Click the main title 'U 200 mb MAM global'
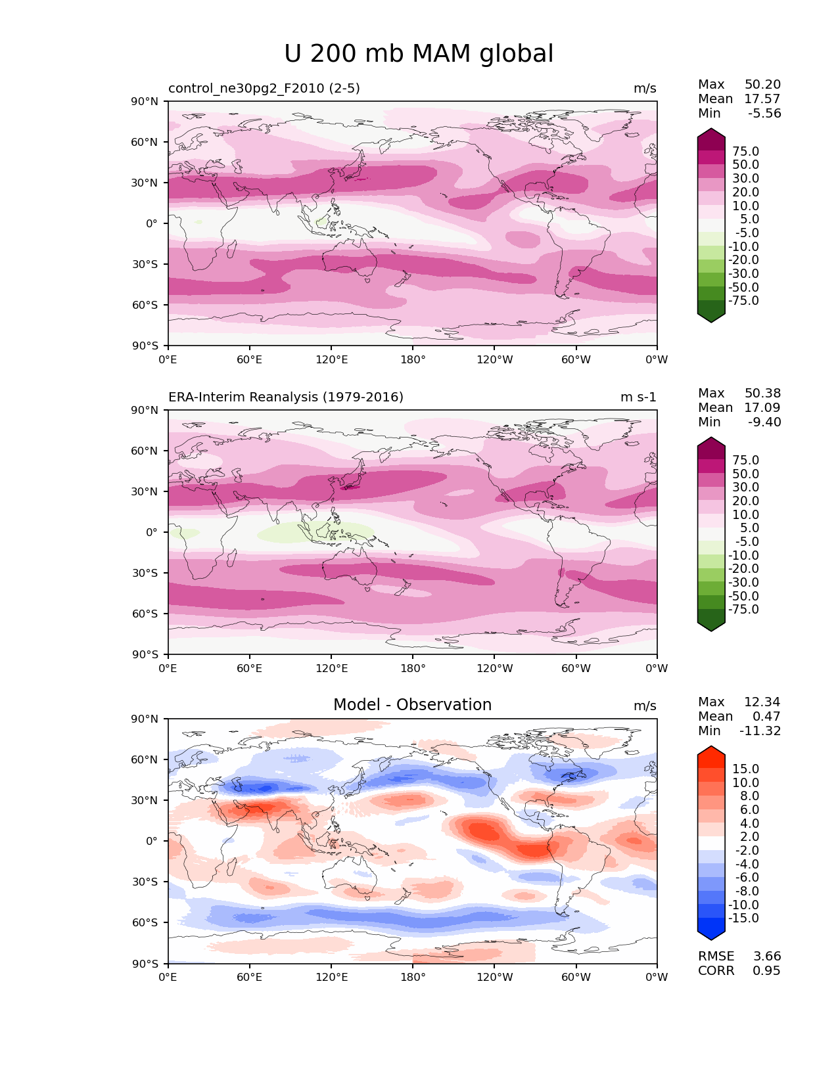[419, 54]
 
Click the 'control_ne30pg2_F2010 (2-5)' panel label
[264, 89]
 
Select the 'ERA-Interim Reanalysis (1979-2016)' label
[286, 397]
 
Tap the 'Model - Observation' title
[412, 705]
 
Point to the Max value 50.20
[762, 85]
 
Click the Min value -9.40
[764, 422]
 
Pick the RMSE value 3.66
[766, 957]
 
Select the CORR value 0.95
[766, 971]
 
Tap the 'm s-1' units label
[638, 397]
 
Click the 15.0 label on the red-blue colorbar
[745, 769]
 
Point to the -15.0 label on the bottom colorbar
[743, 918]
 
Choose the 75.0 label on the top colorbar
[745, 152]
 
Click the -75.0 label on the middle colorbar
[743, 610]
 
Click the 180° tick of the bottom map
[413, 978]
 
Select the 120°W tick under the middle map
[494, 669]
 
